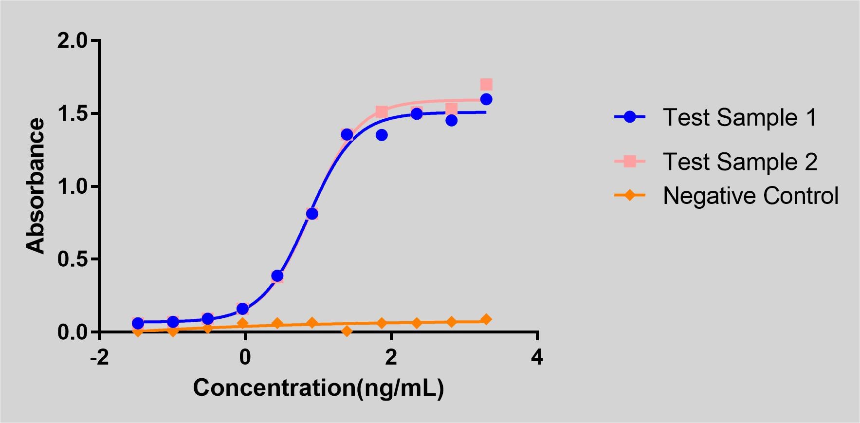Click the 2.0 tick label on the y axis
(72, 41)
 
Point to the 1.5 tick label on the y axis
(72, 114)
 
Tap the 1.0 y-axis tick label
(72, 186)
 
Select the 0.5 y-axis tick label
(72, 259)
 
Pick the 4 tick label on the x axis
(537, 357)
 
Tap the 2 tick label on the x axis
(391, 357)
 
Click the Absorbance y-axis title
(35, 186)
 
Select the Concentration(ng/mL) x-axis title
(318, 388)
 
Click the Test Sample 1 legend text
(740, 118)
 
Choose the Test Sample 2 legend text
(740, 162)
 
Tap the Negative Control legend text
(750, 196)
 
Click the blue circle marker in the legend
(630, 117)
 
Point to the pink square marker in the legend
(630, 161)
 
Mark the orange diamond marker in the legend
(630, 196)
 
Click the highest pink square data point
(486, 85)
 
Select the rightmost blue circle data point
(486, 99)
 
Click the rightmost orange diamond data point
(486, 320)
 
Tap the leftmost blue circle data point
(138, 323)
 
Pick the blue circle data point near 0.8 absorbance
(312, 214)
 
